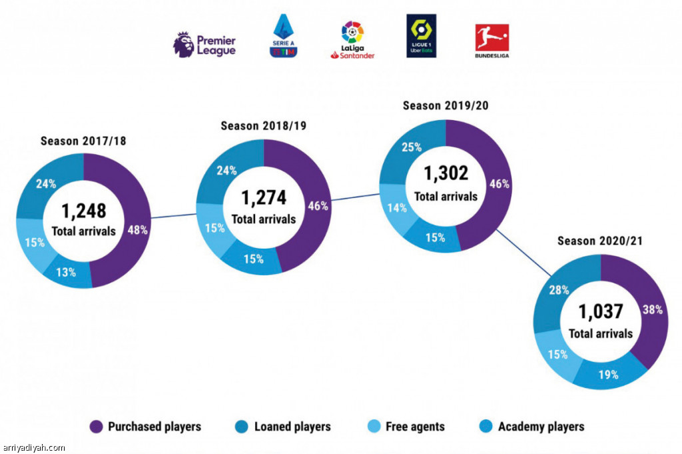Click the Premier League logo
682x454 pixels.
[204, 44]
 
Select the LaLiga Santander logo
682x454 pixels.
[352, 40]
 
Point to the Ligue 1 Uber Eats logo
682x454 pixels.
[421, 36]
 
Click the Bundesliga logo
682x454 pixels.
[492, 41]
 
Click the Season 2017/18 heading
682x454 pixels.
[83, 141]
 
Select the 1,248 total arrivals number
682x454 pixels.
[84, 211]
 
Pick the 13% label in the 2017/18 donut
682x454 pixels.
[66, 271]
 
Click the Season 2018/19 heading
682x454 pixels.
[264, 126]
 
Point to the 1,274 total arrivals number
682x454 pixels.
[264, 197]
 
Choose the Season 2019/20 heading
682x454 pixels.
[446, 105]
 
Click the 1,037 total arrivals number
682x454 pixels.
[601, 311]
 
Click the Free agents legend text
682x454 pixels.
[415, 427]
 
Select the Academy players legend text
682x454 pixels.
[541, 427]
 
